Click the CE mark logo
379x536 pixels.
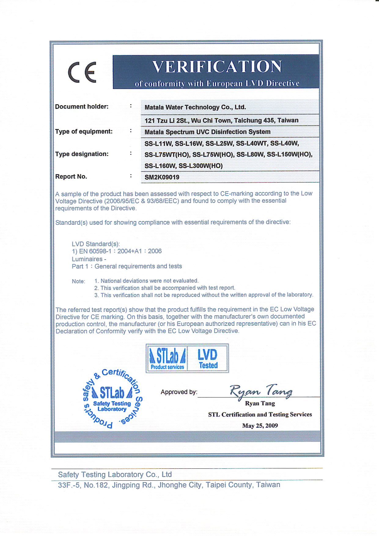coord(82,72)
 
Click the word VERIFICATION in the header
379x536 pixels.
coord(217,67)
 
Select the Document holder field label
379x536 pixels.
coord(82,107)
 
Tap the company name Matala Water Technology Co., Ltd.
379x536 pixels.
coord(195,107)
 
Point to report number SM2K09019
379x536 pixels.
coord(162,177)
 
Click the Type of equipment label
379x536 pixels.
coord(84,131)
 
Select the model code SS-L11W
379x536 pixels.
coord(158,143)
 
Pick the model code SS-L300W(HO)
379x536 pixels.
coord(201,166)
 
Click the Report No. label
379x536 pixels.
coord(71,177)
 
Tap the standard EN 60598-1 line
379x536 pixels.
coord(116,251)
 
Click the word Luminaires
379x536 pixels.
coord(87,259)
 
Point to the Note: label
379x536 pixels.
coord(78,281)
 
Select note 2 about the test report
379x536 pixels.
coord(165,288)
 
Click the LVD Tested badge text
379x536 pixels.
coord(208,358)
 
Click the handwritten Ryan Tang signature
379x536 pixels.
coord(261,391)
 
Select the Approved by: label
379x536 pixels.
coord(179,392)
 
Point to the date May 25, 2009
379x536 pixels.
coord(260,426)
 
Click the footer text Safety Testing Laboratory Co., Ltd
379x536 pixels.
coord(115,475)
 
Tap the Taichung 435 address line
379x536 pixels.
coord(221,120)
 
